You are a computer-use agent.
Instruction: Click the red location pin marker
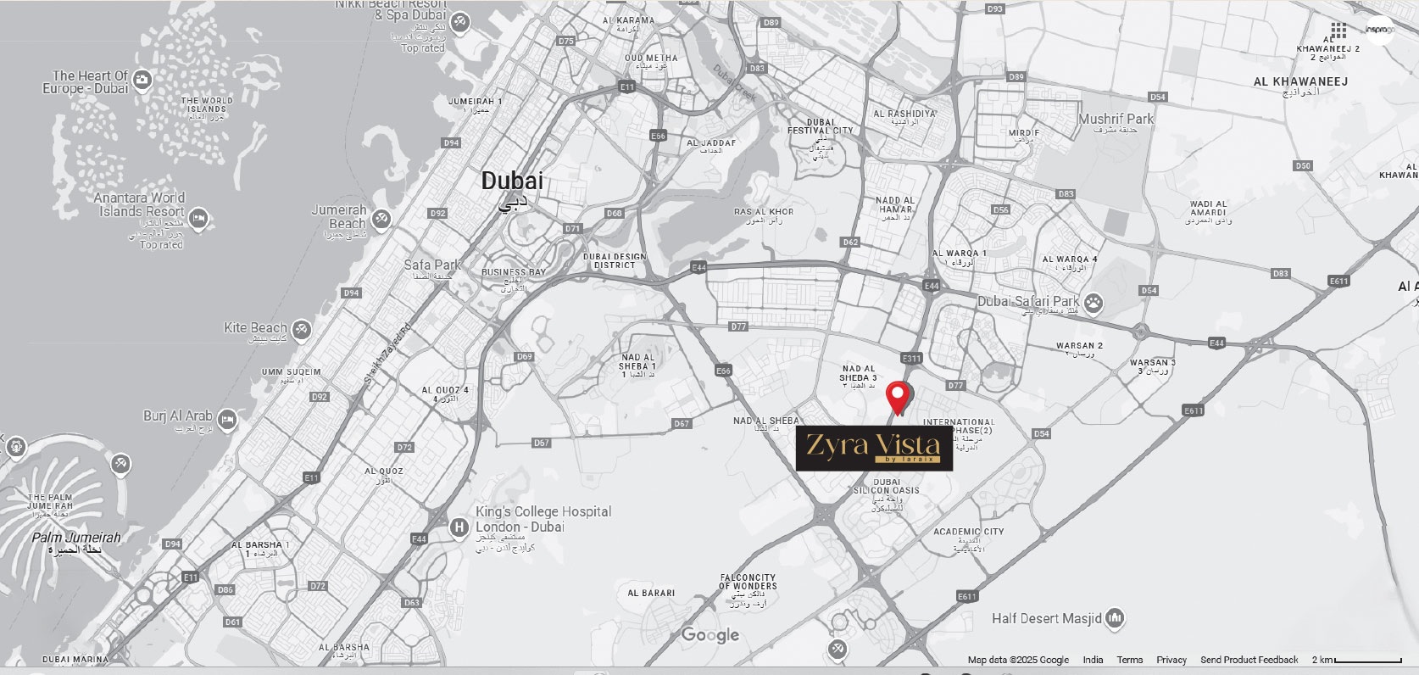(899, 397)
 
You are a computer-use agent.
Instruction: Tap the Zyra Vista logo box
(874, 448)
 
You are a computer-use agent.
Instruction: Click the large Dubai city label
(512, 181)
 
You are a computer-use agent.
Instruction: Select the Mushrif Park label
(1116, 120)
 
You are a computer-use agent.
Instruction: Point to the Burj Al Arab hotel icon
(226, 418)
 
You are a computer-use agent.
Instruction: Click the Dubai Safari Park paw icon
(1094, 302)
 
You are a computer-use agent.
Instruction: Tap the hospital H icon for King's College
(459, 527)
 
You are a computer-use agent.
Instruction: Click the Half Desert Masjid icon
(1116, 618)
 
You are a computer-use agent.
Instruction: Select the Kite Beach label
(255, 328)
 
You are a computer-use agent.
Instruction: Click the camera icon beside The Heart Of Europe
(142, 80)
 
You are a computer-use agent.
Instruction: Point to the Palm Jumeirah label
(76, 538)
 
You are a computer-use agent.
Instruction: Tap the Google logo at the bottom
(710, 635)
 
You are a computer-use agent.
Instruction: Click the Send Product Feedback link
(1249, 660)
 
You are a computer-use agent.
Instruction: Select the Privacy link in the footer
(1171, 660)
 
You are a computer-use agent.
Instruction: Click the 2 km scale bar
(1356, 660)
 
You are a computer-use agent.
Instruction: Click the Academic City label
(968, 533)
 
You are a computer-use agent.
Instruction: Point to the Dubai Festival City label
(820, 126)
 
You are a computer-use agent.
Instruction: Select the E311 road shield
(911, 359)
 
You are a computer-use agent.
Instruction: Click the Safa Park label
(431, 265)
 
